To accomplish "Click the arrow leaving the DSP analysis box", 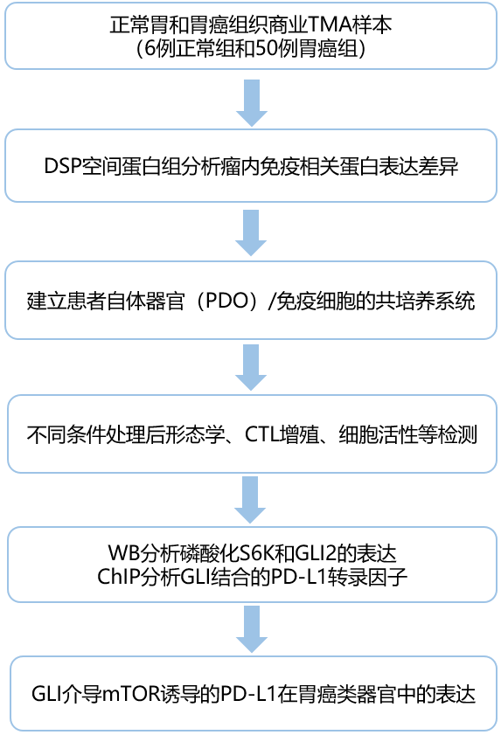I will (251, 232).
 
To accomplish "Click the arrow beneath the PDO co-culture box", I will (251, 367).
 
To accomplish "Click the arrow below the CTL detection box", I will (251, 499).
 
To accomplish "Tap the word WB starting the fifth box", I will (121, 553).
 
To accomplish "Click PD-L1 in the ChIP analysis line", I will (302, 577).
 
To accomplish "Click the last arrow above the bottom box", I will (251, 629).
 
